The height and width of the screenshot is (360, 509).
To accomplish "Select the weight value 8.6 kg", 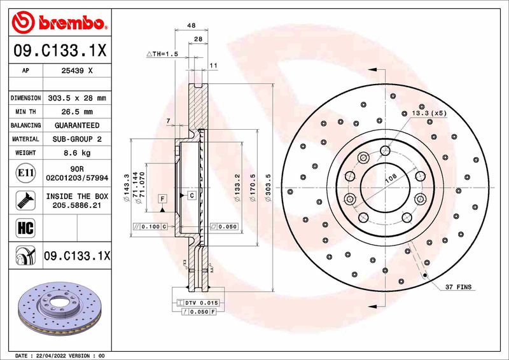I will coord(78,153).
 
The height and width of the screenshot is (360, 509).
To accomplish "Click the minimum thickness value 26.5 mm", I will coord(78,112).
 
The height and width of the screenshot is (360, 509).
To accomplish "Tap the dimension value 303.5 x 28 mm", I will coord(78,98).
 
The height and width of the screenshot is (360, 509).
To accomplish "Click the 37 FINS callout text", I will coord(458,287).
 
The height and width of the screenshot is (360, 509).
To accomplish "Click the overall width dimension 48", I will coord(191,26).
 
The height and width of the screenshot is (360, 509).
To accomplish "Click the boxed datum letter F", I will coord(163,199).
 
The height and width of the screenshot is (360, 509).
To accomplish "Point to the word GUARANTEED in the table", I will coord(78,125).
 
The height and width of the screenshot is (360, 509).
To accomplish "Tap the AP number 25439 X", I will coord(78,71).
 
